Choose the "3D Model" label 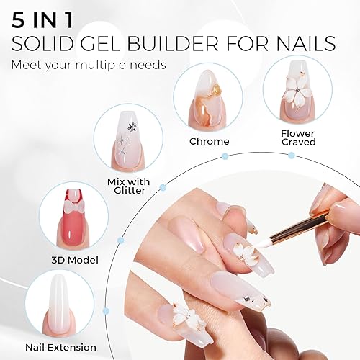click(x=75, y=259)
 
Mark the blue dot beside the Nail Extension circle click(x=106, y=310)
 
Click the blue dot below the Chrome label click(x=225, y=156)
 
